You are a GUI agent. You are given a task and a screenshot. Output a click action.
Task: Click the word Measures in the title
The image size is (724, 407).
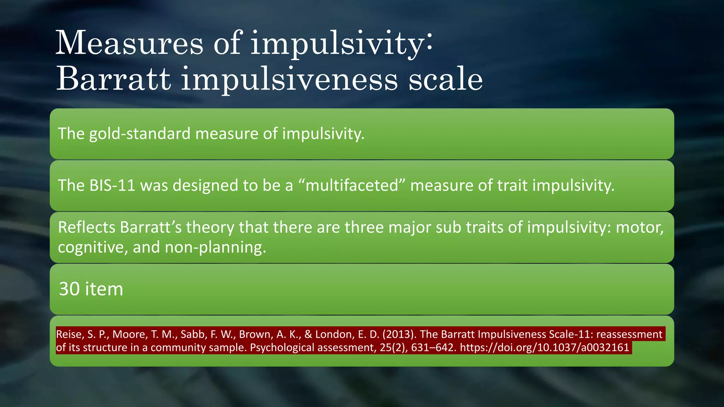pos(129,43)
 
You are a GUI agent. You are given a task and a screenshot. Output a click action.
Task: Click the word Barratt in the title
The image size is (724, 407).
pos(113,79)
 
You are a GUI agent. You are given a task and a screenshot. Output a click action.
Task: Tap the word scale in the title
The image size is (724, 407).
pos(445,79)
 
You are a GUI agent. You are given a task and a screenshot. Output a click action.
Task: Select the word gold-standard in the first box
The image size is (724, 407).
pos(140,134)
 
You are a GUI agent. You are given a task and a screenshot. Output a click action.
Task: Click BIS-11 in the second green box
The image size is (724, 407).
pos(112,185)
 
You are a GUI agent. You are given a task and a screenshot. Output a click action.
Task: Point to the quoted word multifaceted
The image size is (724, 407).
pos(351,185)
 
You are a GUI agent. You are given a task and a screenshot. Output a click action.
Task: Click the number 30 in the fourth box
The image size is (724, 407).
pos(69,289)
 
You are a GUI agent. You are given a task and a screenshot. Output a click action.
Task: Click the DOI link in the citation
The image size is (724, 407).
pos(544,348)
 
